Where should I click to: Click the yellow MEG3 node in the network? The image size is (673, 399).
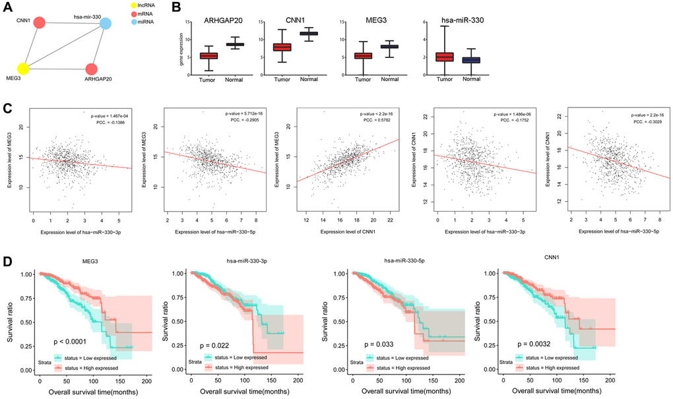pyautogui.click(x=23, y=68)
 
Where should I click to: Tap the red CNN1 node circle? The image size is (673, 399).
pyautogui.click(x=40, y=23)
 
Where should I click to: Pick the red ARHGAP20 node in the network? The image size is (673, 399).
pyautogui.click(x=91, y=69)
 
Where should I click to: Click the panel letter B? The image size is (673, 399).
pyautogui.click(x=158, y=9)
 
